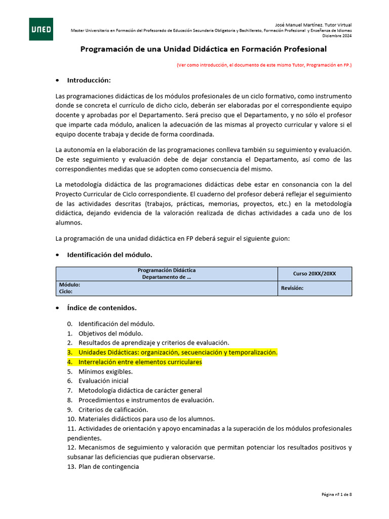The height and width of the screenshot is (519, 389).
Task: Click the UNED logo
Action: click(x=41, y=29)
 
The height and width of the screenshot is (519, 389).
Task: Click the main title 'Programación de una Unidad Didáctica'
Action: click(x=204, y=49)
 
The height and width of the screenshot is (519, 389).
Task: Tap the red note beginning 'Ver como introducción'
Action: click(x=264, y=65)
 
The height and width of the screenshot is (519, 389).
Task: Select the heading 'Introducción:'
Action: click(x=89, y=80)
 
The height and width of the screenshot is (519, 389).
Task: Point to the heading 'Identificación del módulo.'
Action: click(x=109, y=254)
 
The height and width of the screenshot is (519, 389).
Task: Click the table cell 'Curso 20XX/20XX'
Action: click(x=314, y=274)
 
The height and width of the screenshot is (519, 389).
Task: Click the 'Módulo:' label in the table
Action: click(x=69, y=285)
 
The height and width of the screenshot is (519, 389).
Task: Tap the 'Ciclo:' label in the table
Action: click(x=66, y=291)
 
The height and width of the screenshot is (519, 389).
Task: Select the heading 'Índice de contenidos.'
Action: click(x=102, y=308)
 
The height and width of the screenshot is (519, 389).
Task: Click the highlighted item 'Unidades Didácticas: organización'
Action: click(x=178, y=352)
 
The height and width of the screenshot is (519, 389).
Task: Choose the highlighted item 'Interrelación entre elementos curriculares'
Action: click(x=140, y=362)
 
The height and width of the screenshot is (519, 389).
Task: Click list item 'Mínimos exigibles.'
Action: click(x=105, y=372)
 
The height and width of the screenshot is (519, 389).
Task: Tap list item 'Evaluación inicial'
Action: click(x=103, y=381)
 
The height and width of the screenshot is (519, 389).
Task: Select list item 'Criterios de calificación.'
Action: click(x=113, y=410)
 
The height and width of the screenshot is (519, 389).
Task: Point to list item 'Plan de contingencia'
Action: click(x=108, y=466)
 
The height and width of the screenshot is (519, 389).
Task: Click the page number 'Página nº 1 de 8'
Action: click(x=336, y=494)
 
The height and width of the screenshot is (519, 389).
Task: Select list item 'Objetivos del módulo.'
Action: click(x=110, y=333)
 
